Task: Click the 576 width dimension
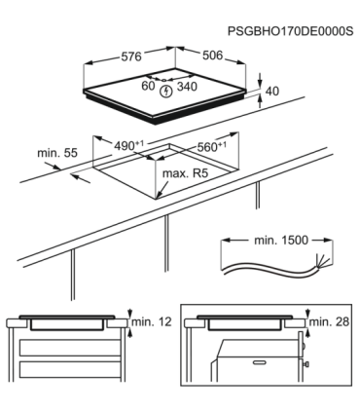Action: [x=129, y=56]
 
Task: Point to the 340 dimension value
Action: [x=189, y=87]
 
